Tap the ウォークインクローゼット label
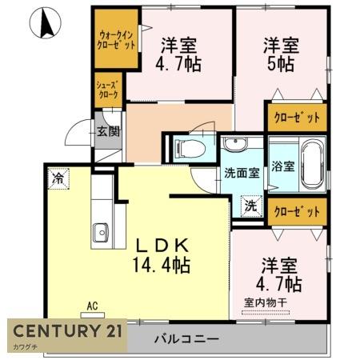(x=113, y=40)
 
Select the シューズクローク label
(x=108, y=90)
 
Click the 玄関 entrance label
(x=108, y=131)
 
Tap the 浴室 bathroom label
(x=283, y=166)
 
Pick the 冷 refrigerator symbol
(x=58, y=177)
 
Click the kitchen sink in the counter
(x=101, y=233)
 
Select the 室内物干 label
(x=267, y=302)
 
